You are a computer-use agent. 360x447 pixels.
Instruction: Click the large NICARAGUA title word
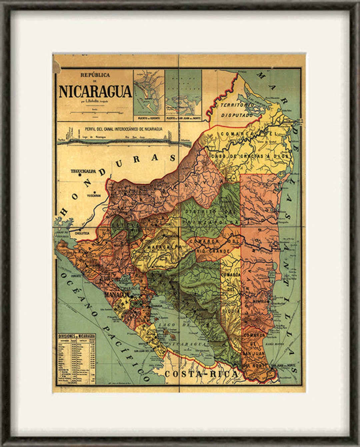[x=95, y=91]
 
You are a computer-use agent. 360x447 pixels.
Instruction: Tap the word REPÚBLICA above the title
[x=95, y=75]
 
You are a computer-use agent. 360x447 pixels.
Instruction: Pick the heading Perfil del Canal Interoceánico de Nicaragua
[x=123, y=129]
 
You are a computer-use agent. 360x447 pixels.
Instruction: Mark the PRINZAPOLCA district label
[x=219, y=222]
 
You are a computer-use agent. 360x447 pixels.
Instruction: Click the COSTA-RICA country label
[x=202, y=374]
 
